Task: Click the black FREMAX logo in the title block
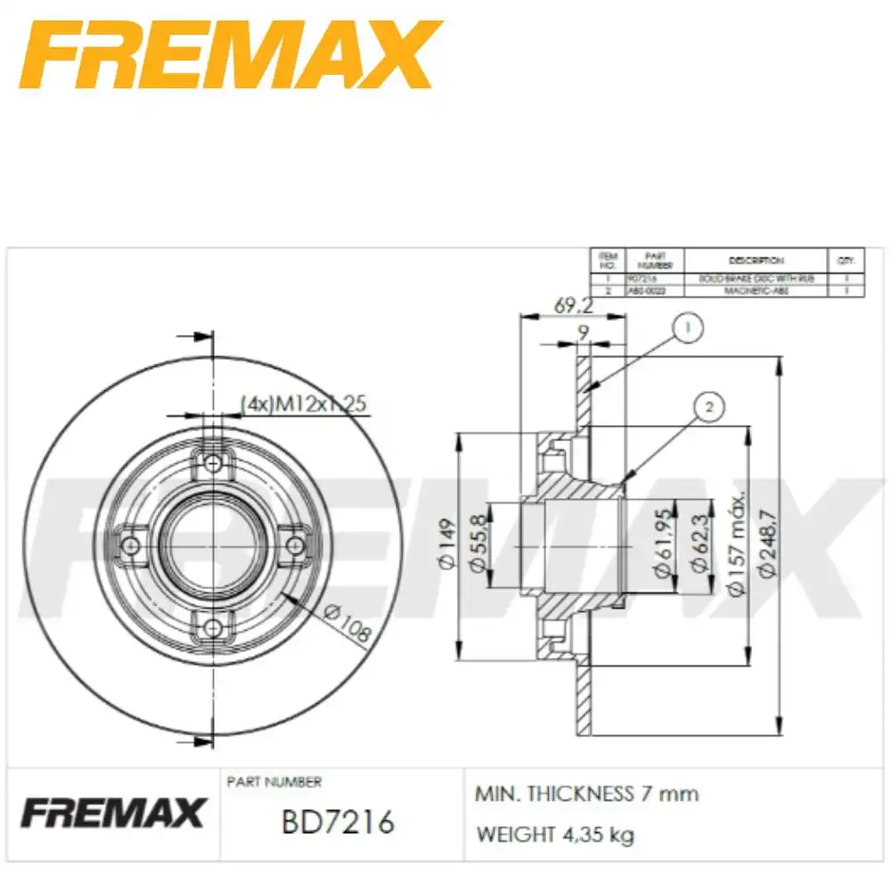pos(113,813)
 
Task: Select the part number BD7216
pos(337,821)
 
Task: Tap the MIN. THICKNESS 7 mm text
pos(587,793)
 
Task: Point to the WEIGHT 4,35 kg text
pos(555,835)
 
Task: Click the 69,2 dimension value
pos(573,307)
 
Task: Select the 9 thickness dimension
pos(583,333)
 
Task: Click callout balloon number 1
pos(687,328)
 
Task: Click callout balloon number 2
pos(709,408)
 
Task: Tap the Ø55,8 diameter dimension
pos(478,545)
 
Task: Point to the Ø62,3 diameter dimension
pos(698,545)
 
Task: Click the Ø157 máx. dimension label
pos(736,545)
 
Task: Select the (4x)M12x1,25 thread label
pos(304,404)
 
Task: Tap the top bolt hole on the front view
pos(212,463)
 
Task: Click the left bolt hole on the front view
pos(131,544)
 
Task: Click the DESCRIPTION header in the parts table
pos(756,260)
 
